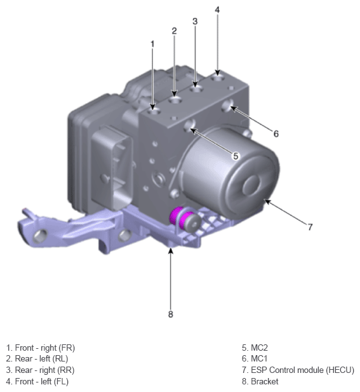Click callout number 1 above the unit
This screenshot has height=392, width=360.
point(152,44)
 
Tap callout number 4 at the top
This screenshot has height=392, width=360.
point(217,10)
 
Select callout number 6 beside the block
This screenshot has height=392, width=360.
point(276,134)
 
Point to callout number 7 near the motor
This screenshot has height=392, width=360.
point(310,227)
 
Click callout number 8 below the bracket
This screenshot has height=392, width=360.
point(171,314)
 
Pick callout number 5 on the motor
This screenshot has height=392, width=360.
point(236,156)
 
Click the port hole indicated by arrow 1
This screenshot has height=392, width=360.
point(154,111)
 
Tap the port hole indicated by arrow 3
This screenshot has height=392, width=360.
point(196,89)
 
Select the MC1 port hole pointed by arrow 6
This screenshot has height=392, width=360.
point(228,105)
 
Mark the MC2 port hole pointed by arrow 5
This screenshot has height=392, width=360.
point(190,125)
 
